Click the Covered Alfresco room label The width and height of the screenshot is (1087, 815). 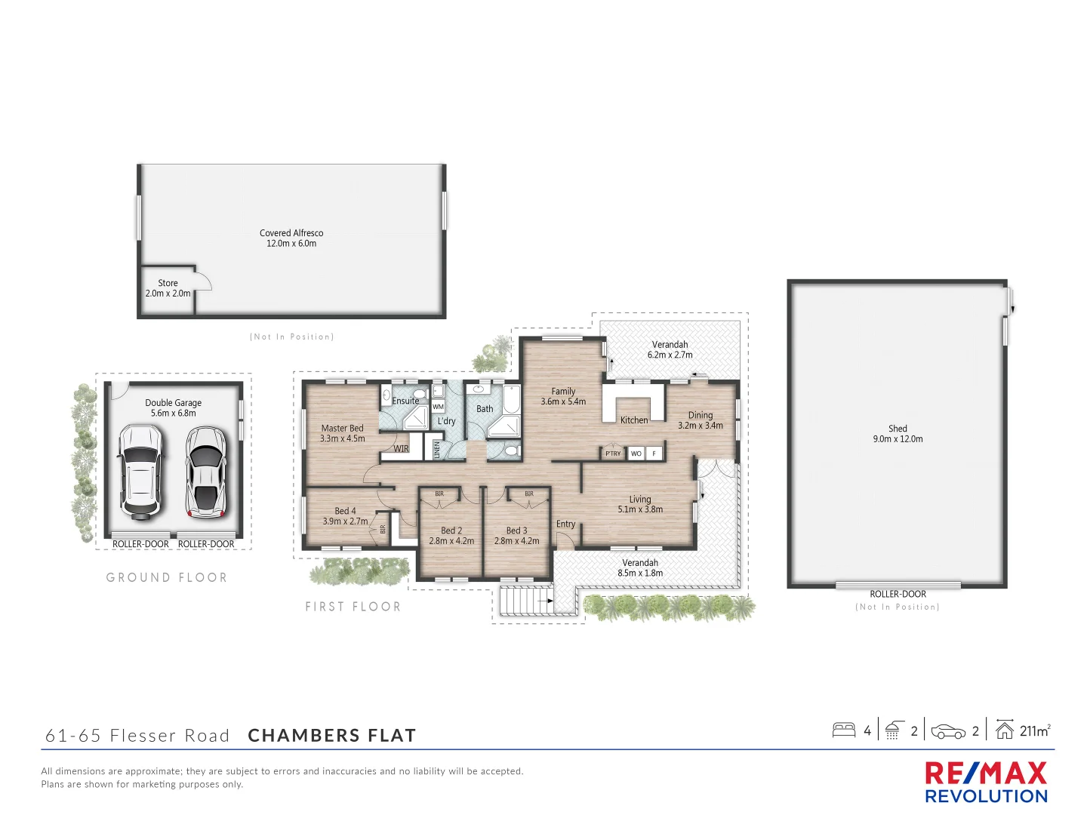pyautogui.click(x=291, y=233)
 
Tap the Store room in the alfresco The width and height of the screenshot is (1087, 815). pyautogui.click(x=168, y=288)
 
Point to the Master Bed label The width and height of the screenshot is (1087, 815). pyautogui.click(x=342, y=428)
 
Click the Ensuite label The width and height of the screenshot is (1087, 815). pyautogui.click(x=405, y=401)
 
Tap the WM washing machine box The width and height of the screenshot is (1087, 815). pyautogui.click(x=438, y=407)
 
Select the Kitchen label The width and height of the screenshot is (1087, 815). pyautogui.click(x=634, y=420)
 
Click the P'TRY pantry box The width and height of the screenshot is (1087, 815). pyautogui.click(x=613, y=454)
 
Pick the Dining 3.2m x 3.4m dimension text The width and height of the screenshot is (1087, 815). pyautogui.click(x=701, y=426)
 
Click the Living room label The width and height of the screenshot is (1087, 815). pyautogui.click(x=640, y=499)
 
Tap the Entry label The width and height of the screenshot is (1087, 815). pyautogui.click(x=565, y=524)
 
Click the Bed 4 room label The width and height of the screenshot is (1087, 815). pyautogui.click(x=345, y=511)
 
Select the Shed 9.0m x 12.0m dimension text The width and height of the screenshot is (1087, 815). pyautogui.click(x=898, y=439)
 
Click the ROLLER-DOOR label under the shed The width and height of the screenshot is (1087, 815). pyautogui.click(x=898, y=594)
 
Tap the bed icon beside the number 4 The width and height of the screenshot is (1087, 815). pyautogui.click(x=843, y=730)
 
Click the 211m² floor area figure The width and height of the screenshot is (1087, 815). pyautogui.click(x=1034, y=730)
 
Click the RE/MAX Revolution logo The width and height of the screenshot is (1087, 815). pyautogui.click(x=986, y=783)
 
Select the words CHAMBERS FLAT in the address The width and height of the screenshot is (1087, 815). pyautogui.click(x=332, y=736)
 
